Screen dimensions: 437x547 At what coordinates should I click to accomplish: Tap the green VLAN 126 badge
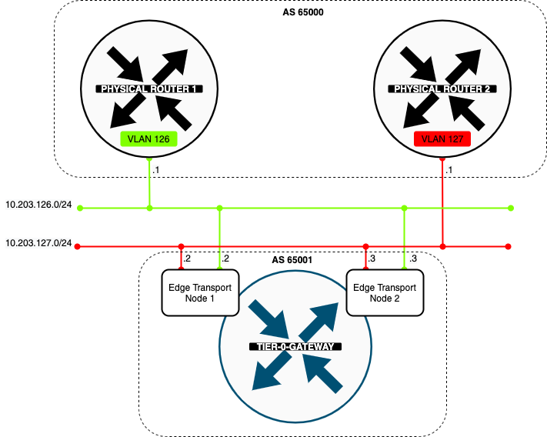pyautogui.click(x=149, y=139)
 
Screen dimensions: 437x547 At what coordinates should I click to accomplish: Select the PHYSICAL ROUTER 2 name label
pyautogui.click(x=442, y=89)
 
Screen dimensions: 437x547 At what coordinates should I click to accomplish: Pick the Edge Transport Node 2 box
pyautogui.click(x=384, y=292)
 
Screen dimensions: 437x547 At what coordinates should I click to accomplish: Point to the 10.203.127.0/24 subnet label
pyautogui.click(x=38, y=243)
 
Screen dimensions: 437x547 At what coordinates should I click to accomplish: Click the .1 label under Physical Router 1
pyautogui.click(x=156, y=169)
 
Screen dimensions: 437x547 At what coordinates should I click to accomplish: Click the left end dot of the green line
pyautogui.click(x=80, y=208)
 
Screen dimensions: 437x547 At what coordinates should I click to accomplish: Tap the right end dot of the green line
pyautogui.click(x=512, y=208)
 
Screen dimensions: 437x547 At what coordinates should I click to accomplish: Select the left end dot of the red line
pyautogui.click(x=80, y=247)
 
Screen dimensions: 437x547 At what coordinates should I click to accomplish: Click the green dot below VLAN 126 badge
pyautogui.click(x=149, y=158)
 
